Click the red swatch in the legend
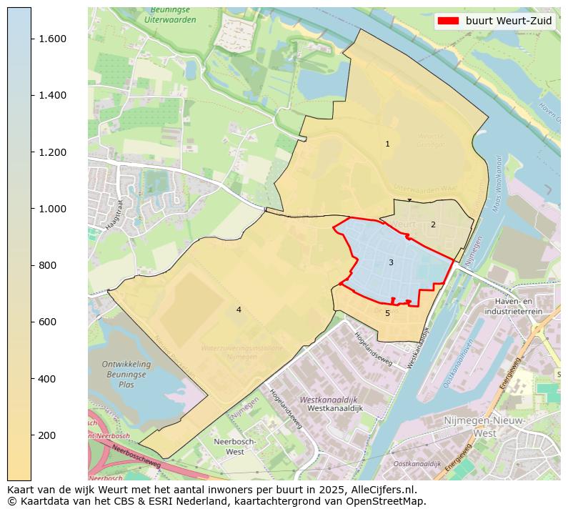pyautogui.click(x=448, y=21)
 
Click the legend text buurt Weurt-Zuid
pyautogui.click(x=509, y=21)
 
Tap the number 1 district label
pyautogui.click(x=387, y=144)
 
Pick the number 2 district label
pyautogui.click(x=432, y=225)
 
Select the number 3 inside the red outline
pyautogui.click(x=391, y=263)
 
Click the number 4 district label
pyautogui.click(x=239, y=310)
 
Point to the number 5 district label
pyautogui.click(x=387, y=313)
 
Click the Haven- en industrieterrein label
pyautogui.click(x=513, y=307)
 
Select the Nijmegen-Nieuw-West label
pyautogui.click(x=485, y=427)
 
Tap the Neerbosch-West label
pyautogui.click(x=230, y=447)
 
